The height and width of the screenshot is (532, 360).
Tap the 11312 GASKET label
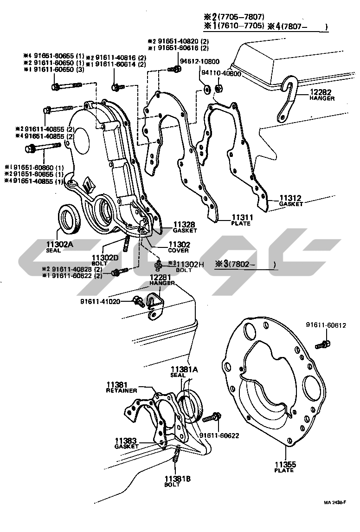(291, 201)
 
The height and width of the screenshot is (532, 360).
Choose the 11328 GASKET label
(184, 227)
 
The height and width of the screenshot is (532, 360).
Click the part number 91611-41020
(100, 301)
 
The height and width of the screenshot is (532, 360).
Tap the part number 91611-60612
(326, 325)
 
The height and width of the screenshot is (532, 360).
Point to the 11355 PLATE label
(283, 467)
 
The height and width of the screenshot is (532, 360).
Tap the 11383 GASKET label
(127, 443)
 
